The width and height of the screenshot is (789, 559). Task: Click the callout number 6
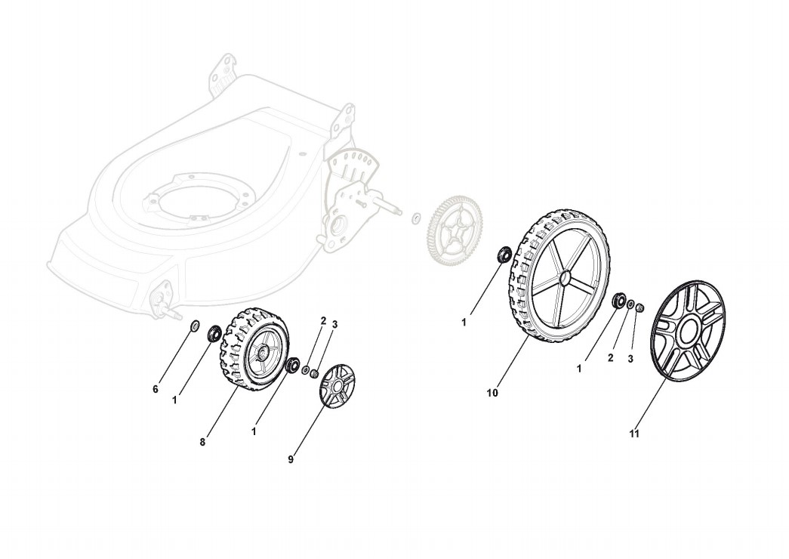pos(156,389)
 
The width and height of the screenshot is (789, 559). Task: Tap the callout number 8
pos(202,442)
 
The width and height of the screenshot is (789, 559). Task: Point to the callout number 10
pos(492,393)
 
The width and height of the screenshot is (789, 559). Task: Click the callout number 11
pos(634,434)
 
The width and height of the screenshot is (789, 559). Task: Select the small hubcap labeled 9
pos(337,386)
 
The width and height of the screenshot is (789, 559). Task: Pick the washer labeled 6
pos(193,326)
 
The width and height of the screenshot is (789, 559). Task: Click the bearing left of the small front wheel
pos(214,332)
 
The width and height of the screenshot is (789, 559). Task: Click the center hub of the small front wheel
pos(261,351)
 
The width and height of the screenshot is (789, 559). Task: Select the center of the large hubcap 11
pos(689,332)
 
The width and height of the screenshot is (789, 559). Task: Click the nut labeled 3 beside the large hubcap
pos(640,307)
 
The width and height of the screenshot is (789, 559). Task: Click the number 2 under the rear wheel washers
pos(610,357)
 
